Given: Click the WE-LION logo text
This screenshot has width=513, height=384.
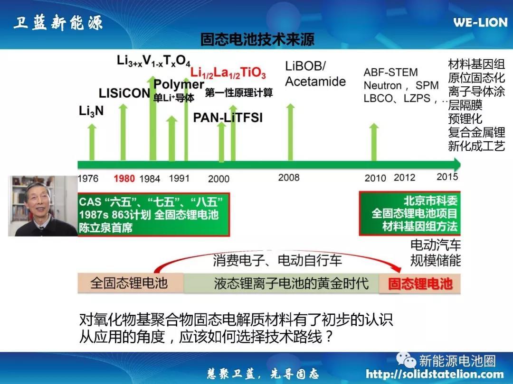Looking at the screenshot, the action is coord(480,22).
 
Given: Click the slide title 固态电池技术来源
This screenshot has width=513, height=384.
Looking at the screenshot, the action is coord(257,39).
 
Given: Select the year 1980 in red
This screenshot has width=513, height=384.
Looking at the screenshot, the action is coord(124,179).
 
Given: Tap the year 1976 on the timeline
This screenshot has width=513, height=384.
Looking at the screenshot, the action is coord(88,179).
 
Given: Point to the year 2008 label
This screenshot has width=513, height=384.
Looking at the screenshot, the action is coord(289,178).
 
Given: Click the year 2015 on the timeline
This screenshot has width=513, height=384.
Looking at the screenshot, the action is coord(447,177).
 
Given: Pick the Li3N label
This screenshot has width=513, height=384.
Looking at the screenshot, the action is coord(91,111).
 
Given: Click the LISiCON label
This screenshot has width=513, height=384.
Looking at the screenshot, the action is coord(124,93).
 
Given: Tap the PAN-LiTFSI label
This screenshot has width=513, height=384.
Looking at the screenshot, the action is coord(228,118).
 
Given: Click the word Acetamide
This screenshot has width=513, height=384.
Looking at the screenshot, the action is coord(315,82).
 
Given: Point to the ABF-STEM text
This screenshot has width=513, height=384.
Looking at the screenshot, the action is coord(390,72).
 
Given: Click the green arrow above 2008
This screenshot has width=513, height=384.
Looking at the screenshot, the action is coord(290,132).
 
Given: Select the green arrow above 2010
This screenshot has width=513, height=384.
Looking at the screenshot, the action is coord(374,142).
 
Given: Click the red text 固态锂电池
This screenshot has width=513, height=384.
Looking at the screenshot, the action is coord(420,283).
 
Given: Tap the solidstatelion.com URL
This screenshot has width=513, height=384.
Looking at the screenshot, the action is coord(435,374).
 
